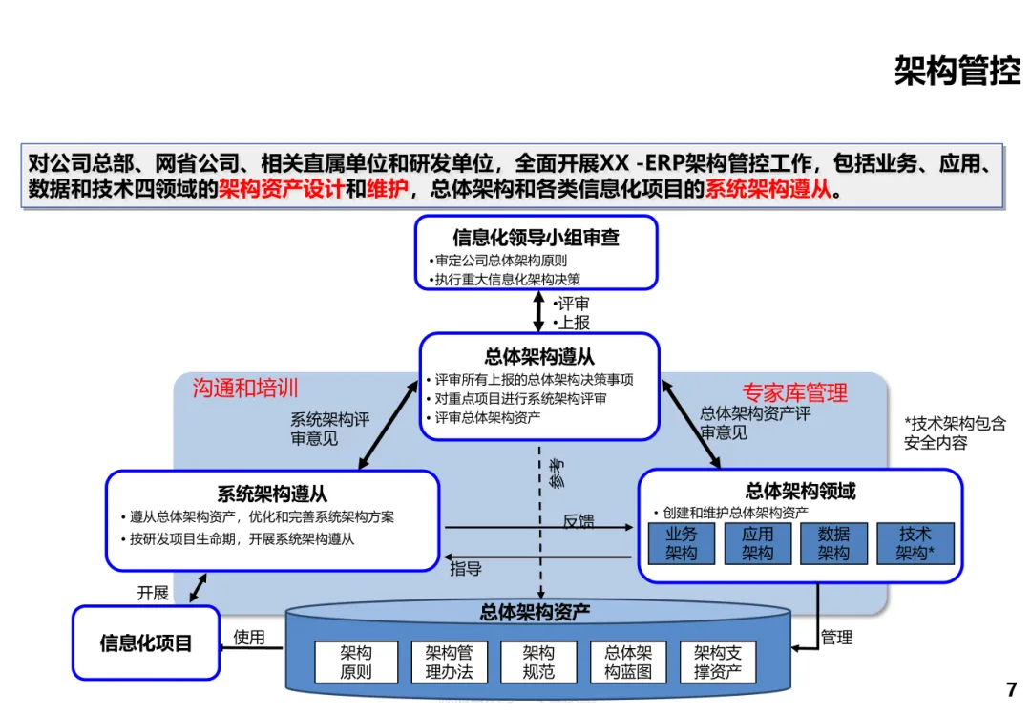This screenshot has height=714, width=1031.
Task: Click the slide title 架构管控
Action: click(x=957, y=71)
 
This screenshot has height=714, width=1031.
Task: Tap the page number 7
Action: click(x=1012, y=689)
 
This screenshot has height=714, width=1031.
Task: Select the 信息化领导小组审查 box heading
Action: click(x=536, y=237)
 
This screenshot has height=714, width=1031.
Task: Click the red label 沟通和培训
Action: click(x=245, y=388)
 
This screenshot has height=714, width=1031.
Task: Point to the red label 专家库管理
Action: click(x=794, y=392)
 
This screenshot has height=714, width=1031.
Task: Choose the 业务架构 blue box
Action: click(x=682, y=543)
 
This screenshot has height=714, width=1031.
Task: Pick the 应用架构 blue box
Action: click(x=757, y=543)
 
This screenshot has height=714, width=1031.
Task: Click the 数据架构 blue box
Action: click(x=833, y=543)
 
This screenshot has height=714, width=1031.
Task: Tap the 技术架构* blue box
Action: click(x=915, y=543)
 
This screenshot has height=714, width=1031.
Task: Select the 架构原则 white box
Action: click(x=356, y=661)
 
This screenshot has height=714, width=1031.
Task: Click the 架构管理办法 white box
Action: click(x=449, y=661)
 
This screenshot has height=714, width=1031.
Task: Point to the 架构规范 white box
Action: click(x=538, y=661)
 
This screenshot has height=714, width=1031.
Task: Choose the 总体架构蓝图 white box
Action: click(x=628, y=661)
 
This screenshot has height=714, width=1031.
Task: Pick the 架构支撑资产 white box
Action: click(x=718, y=661)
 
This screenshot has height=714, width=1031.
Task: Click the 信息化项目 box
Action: click(x=146, y=643)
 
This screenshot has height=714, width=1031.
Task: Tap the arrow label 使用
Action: click(x=249, y=637)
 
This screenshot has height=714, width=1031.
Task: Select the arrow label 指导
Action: click(x=466, y=570)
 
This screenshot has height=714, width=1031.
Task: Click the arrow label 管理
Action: click(x=837, y=637)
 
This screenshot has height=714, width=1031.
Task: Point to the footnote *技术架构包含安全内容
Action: click(x=955, y=433)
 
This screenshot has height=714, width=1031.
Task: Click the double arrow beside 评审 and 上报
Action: click(x=538, y=311)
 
